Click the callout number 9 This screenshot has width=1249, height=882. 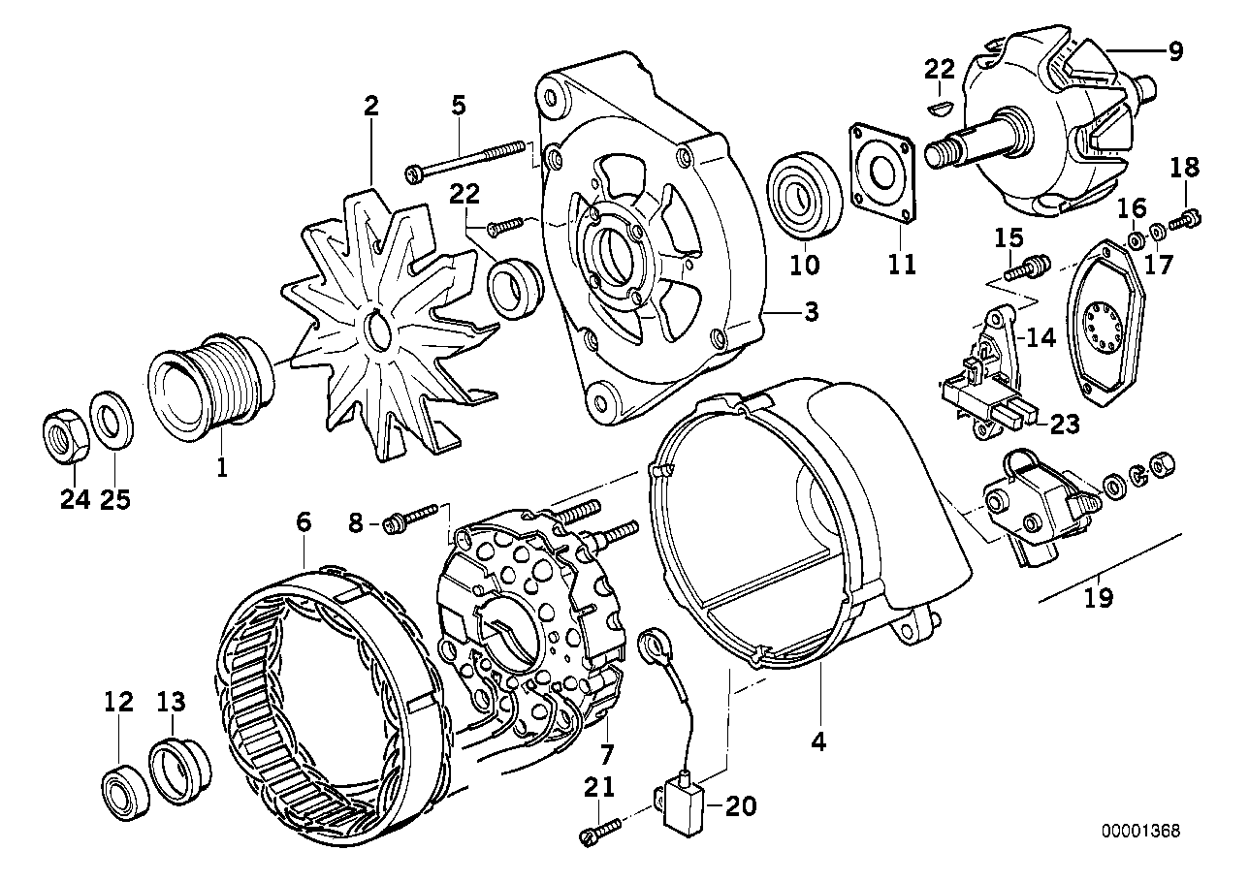coord(1175,50)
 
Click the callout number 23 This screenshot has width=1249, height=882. coord(1065,424)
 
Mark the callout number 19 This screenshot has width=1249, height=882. coord(1100,599)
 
